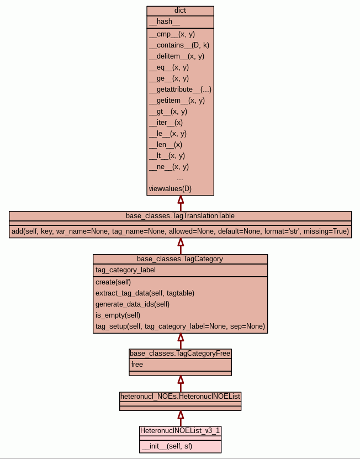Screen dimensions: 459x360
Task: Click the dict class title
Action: coord(180,10)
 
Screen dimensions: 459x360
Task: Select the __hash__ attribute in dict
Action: coord(165,22)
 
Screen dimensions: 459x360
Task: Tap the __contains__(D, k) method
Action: coord(179,45)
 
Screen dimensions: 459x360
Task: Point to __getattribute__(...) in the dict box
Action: coord(180,89)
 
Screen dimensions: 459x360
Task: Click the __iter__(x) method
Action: coord(166,123)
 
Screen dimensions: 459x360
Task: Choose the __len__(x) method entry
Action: coord(165,145)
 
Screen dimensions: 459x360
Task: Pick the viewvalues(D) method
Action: coord(170,189)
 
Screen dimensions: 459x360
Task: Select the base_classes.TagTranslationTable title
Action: coord(180,215)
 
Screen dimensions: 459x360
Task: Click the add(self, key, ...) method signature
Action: coord(180,231)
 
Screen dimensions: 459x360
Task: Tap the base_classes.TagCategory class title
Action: coord(180,258)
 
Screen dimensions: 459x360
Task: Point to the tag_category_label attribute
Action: coord(125,270)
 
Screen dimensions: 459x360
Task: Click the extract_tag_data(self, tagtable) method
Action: coord(145,293)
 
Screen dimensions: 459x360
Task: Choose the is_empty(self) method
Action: coord(118,315)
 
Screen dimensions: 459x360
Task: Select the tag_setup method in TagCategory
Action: coord(180,326)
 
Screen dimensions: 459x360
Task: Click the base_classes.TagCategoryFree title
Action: coord(180,353)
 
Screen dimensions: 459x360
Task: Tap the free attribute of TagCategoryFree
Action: coord(137,365)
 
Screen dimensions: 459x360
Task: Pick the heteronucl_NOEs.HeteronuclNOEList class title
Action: coord(180,396)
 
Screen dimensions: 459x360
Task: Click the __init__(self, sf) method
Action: coord(167,446)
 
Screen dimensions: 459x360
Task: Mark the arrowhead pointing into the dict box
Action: coord(180,200)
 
